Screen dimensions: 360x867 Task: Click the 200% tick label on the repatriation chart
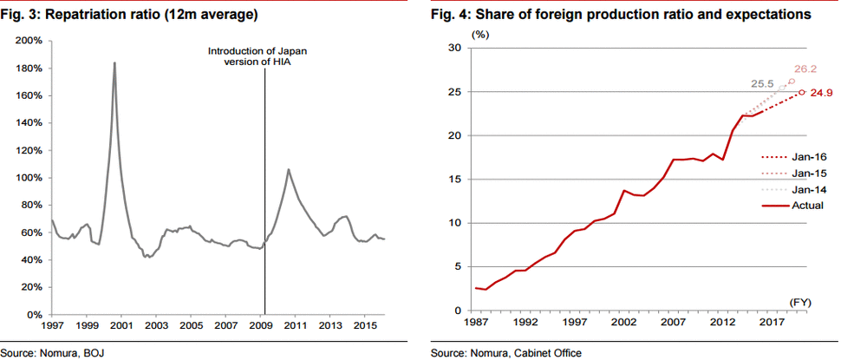[x=29, y=41]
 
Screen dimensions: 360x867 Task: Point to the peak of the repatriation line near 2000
[x=114, y=62]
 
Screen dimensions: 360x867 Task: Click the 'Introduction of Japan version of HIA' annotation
[x=257, y=57]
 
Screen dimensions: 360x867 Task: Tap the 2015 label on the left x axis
[x=366, y=324]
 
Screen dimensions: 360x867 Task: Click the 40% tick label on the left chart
[x=31, y=259]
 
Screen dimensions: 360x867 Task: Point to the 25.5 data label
[x=762, y=83]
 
